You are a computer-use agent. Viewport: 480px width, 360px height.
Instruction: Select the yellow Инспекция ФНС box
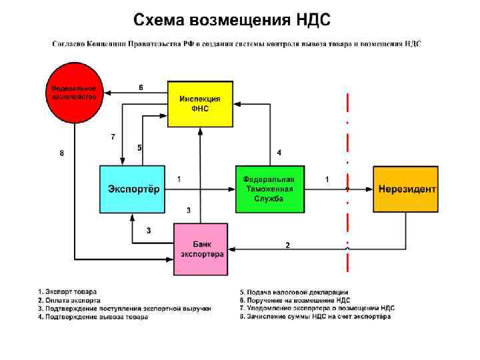(x=199, y=103)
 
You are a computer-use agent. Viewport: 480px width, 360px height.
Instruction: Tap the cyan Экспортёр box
(x=133, y=189)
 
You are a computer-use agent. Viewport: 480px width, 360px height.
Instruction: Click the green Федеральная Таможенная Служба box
(x=269, y=189)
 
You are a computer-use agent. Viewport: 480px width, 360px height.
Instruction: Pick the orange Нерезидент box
(x=405, y=189)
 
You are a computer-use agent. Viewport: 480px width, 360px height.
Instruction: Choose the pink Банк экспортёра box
(x=201, y=249)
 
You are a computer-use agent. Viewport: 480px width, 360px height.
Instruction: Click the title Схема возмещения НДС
(x=231, y=19)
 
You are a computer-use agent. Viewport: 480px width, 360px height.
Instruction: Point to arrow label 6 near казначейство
(x=141, y=87)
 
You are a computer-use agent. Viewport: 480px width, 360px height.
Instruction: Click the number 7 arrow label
(x=113, y=137)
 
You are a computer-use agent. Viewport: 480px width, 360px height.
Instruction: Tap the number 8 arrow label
(x=61, y=153)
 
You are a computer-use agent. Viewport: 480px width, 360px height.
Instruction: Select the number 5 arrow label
(x=139, y=147)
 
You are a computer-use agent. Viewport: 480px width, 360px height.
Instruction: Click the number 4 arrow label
(x=279, y=153)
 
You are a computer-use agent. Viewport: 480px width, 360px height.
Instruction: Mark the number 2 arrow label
(x=287, y=245)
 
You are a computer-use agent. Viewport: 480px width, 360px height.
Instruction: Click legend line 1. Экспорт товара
(x=67, y=291)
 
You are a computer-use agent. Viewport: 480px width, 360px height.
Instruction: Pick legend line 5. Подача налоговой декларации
(x=294, y=292)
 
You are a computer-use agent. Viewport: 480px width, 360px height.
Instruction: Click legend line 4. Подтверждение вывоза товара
(x=93, y=317)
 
